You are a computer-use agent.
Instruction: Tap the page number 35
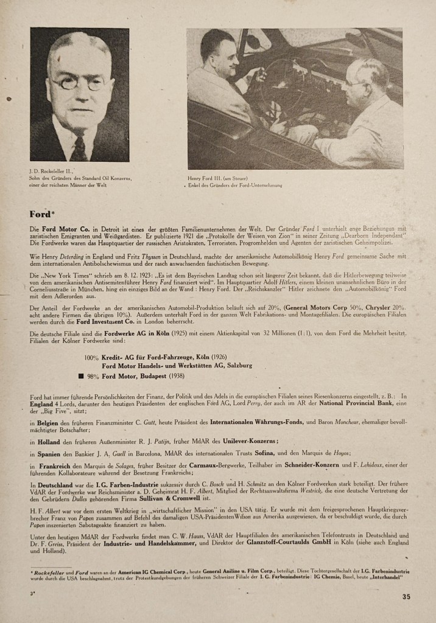[406, 596]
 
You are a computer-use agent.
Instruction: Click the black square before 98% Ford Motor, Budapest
[80, 376]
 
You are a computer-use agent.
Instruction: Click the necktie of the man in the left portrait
[79, 148]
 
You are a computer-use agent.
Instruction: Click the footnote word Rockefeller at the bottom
[52, 572]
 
